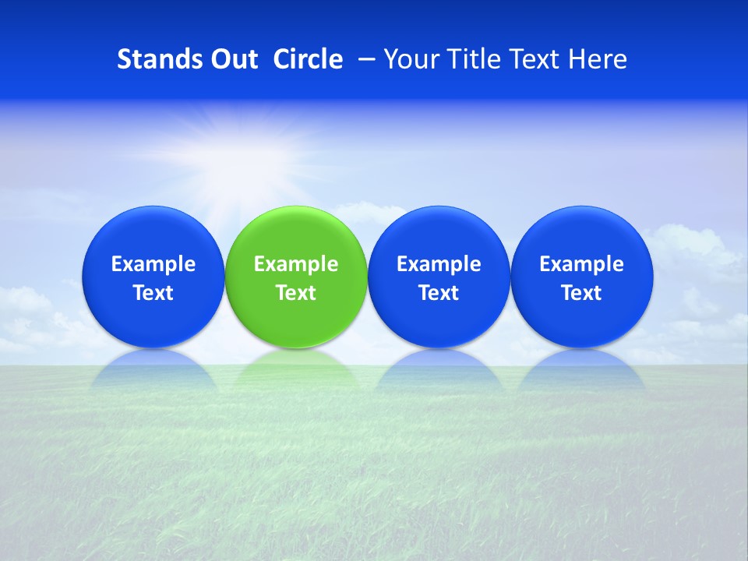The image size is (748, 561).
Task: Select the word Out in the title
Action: [233, 59]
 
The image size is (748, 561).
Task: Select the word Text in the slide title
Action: [538, 59]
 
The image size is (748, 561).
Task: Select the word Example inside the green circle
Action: [296, 264]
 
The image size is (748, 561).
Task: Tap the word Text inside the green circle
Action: [296, 293]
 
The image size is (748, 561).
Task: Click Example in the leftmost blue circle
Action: [153, 264]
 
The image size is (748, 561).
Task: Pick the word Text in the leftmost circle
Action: [153, 293]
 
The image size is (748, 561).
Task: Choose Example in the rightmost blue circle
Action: [581, 264]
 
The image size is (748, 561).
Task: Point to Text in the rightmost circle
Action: [581, 293]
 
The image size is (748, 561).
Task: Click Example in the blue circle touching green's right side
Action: [439, 264]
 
